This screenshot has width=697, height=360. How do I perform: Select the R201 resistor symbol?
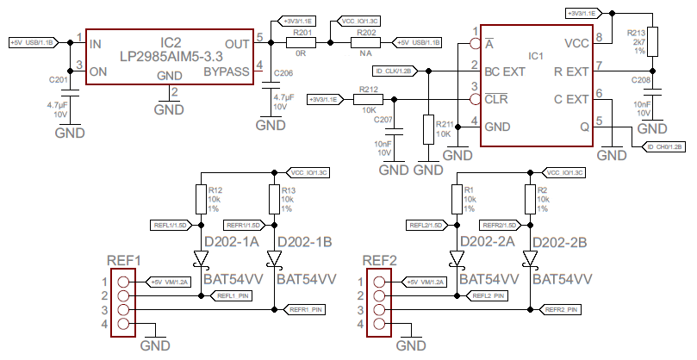[302, 43]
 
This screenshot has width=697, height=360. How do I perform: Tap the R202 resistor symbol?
[365, 43]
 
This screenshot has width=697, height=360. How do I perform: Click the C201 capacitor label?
[59, 79]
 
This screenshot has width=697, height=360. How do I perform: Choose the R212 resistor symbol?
[369, 100]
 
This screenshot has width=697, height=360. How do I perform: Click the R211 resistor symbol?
[428, 129]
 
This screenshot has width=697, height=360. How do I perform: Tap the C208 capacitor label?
[641, 79]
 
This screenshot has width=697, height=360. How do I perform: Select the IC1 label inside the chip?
[535, 56]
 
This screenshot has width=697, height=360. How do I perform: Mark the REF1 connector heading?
[123, 260]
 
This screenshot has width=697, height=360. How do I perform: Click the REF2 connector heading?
[379, 260]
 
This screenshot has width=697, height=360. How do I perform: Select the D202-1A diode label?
[231, 242]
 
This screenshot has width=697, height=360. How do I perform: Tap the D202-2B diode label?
[561, 242]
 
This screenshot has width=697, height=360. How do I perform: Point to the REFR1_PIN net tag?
[306, 309]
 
